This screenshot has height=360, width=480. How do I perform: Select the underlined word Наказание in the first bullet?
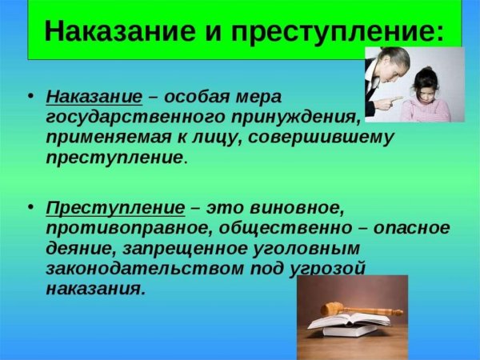94,97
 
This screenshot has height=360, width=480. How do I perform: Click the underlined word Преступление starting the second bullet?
115,208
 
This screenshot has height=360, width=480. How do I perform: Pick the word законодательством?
137,268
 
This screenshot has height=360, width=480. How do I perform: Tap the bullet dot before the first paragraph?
30,97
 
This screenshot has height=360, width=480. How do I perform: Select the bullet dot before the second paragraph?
30,208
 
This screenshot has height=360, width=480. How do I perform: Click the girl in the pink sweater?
426,96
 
